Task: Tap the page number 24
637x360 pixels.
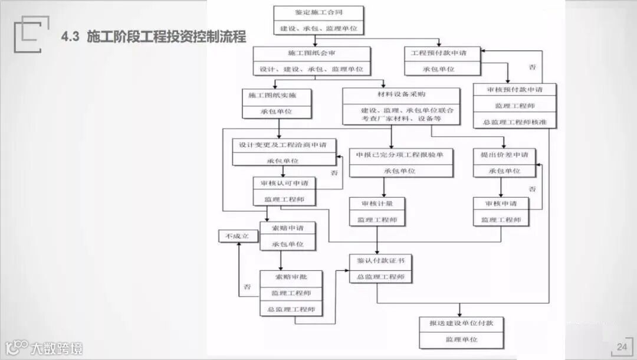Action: point(622,346)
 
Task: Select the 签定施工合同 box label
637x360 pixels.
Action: point(318,12)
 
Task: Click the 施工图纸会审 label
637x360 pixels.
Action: point(312,53)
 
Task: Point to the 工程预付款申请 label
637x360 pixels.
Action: point(442,53)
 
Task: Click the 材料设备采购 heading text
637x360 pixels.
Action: point(401,94)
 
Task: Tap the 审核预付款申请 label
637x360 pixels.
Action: point(514,90)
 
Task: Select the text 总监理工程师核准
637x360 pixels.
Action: point(514,122)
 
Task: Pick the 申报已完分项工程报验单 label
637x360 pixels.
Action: point(400,155)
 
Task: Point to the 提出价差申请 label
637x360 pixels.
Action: point(504,155)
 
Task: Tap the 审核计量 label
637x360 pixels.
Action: point(376,204)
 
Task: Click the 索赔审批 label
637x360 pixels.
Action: point(290,276)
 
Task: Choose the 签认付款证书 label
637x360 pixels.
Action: point(380,260)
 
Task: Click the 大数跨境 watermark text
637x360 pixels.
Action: point(57,348)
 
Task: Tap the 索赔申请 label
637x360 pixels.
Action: point(287,228)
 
